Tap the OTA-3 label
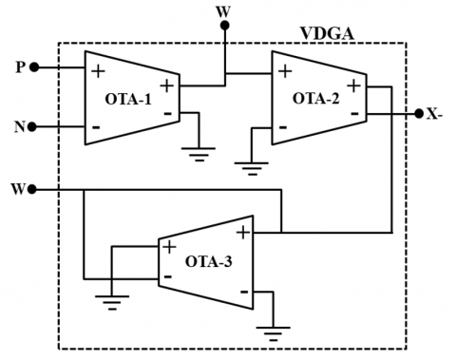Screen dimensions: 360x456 click(207, 261)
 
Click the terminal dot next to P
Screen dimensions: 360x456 click(34, 67)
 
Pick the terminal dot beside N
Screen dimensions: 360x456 click(34, 125)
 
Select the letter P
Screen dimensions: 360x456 click(19, 67)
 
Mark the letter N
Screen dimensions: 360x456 click(19, 125)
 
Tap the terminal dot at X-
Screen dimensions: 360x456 click(418, 114)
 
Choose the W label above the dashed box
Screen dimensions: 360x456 click(224, 9)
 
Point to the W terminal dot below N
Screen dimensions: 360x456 click(34, 190)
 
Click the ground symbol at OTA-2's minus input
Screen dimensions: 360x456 click(250, 167)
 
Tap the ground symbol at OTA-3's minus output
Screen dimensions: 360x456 click(276, 333)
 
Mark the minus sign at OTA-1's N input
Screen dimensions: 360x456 click(96, 125)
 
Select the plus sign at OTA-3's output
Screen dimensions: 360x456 click(243, 232)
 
